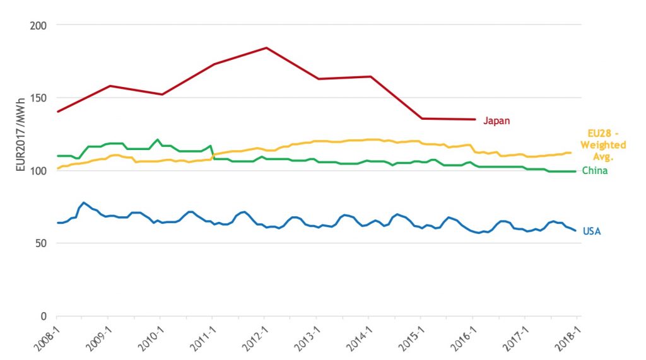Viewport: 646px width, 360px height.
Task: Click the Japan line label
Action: pos(496,121)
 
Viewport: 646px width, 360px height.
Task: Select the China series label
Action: pos(595,171)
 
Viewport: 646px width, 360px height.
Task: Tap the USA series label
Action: pos(592,231)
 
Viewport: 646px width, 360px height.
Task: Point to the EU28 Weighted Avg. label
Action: pos(603,145)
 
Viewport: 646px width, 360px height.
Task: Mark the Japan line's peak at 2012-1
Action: pos(266,47)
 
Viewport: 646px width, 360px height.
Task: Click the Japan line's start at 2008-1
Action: pos(57,112)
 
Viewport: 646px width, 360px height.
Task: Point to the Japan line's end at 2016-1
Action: pos(474,119)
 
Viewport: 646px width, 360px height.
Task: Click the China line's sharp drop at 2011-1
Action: pos(213,151)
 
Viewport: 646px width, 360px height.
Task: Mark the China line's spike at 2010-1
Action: pos(158,139)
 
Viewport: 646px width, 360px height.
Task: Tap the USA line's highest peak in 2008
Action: pos(83,202)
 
